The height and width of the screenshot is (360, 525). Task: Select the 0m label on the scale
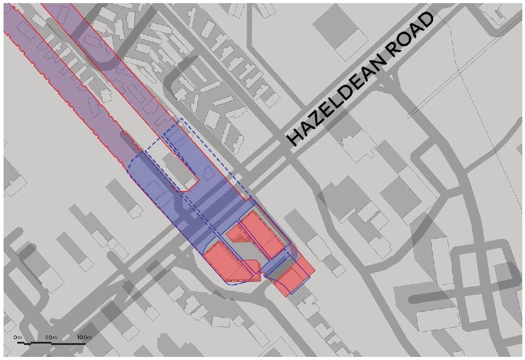18,337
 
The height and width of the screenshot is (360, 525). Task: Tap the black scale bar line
51,342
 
